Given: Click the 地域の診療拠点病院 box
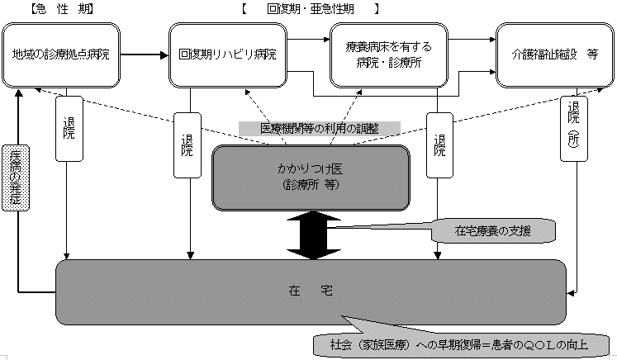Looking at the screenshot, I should (61, 54).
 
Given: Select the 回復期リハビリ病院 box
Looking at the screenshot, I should (227, 54).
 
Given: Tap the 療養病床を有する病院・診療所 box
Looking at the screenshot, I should (389, 54).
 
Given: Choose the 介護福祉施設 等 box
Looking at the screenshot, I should (554, 54).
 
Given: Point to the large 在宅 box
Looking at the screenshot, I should (311, 291).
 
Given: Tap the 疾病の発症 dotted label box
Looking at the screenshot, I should (16, 178).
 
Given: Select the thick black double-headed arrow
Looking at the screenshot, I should (310, 234).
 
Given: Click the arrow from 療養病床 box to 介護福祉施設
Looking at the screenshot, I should (472, 55).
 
